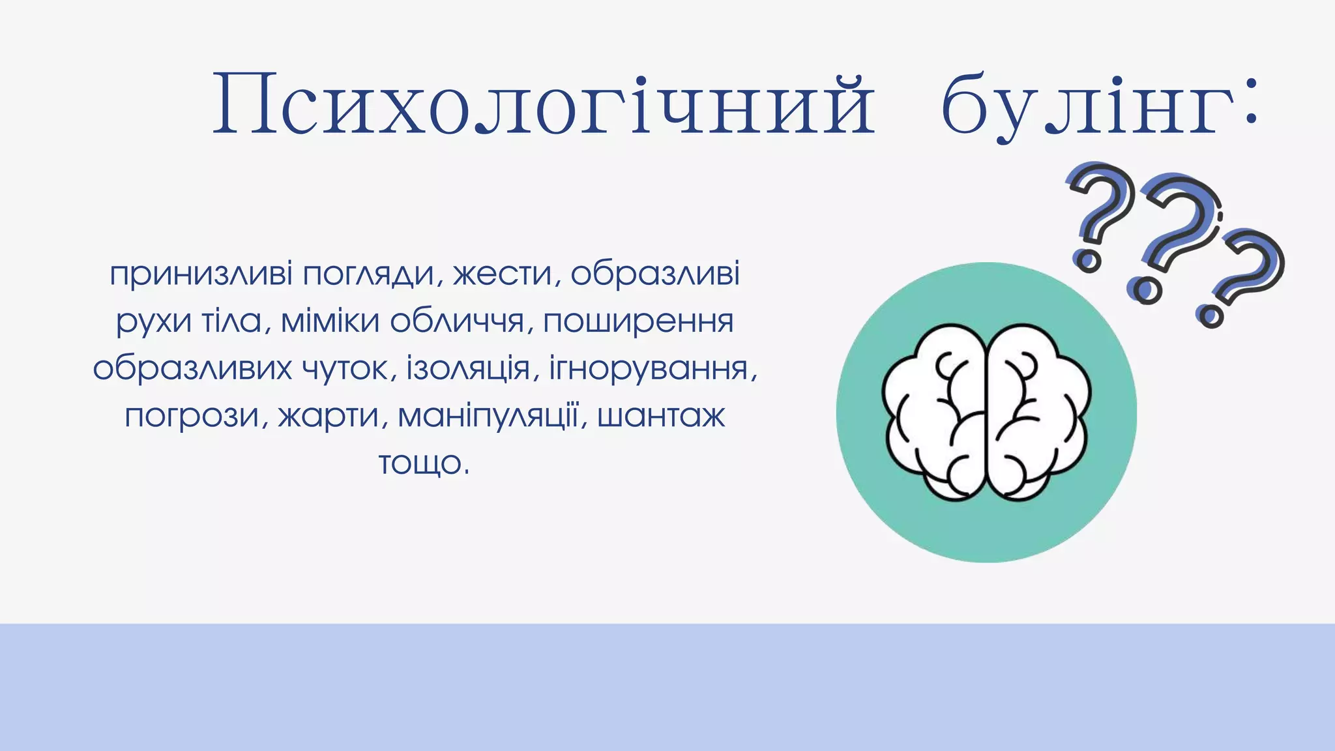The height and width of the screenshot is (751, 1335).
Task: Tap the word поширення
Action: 638,321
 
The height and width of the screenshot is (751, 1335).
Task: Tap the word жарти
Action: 329,417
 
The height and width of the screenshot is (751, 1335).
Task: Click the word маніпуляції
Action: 488,415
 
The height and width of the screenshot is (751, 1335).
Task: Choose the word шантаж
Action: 660,415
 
